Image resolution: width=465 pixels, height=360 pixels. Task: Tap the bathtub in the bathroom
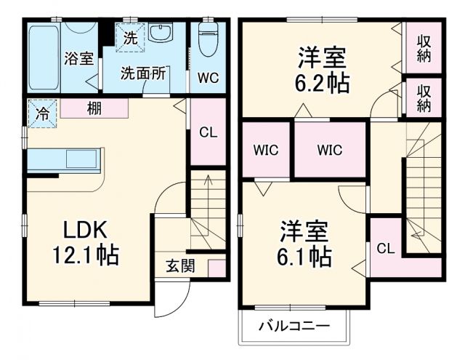43,58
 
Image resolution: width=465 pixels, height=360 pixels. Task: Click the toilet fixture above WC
208,40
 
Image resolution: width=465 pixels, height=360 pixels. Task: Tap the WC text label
208,77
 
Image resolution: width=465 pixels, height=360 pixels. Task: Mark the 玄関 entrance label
179,266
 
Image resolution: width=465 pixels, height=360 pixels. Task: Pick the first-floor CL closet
207,132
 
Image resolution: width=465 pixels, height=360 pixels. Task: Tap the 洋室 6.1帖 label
305,244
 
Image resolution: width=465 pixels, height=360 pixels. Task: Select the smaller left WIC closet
266,151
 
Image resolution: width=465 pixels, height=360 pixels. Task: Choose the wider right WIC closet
329,151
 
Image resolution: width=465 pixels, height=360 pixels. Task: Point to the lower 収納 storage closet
424,97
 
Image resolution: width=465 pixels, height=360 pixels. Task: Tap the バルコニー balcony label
294,326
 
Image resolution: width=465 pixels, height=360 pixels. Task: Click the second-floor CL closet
386,248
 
